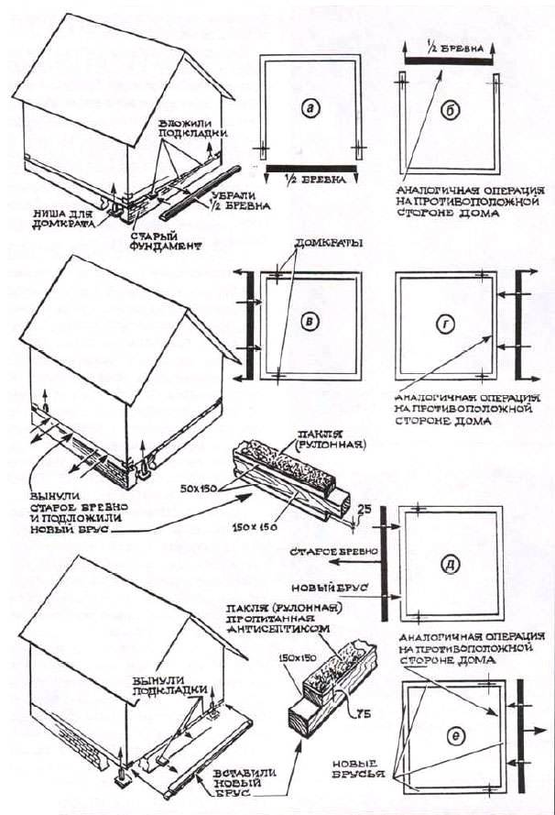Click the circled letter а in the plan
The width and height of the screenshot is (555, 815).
pos(310,108)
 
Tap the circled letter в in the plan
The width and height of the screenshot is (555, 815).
pos(310,321)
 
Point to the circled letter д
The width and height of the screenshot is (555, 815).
pos(449,562)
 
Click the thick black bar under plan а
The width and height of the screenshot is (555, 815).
pos(311,168)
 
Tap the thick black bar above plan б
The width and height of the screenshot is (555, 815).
pos(448,57)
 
